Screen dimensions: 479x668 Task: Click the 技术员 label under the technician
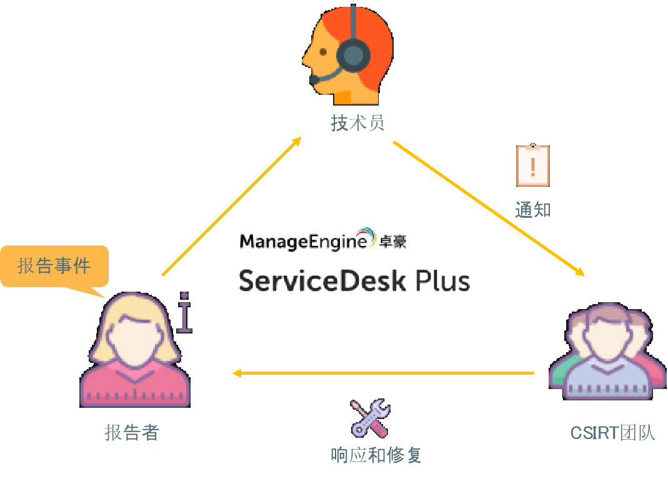(357, 123)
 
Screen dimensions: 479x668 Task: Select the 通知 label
(532, 209)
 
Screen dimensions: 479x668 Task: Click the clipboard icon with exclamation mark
(532, 165)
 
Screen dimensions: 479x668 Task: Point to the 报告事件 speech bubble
(54, 267)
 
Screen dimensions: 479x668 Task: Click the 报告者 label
(132, 433)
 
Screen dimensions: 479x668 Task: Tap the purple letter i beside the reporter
(184, 312)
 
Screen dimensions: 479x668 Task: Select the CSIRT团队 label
(612, 433)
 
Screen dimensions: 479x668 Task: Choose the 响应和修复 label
(376, 455)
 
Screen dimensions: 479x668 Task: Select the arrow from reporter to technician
(231, 206)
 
